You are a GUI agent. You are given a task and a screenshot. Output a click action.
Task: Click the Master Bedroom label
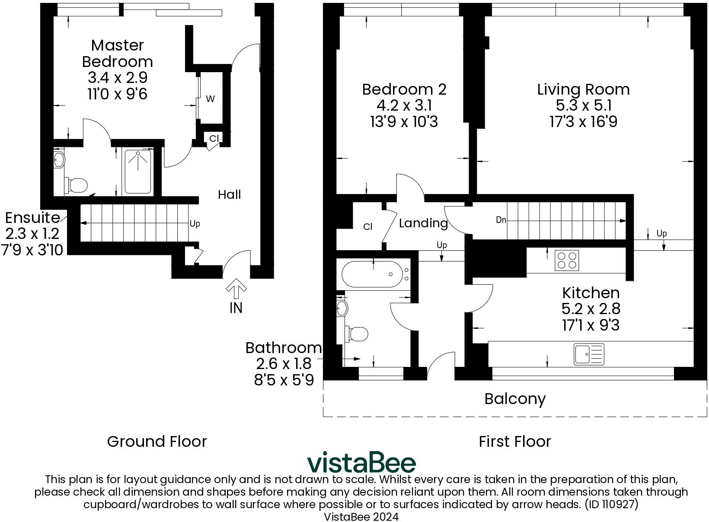pyautogui.click(x=117, y=53)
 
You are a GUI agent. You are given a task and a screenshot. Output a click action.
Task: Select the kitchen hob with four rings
pyautogui.click(x=567, y=260)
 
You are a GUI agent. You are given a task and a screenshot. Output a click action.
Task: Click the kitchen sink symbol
pyautogui.click(x=589, y=353)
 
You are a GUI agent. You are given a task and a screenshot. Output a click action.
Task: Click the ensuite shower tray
pyautogui.click(x=138, y=171)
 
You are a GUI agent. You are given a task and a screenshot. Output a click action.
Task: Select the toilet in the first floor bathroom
pyautogui.click(x=357, y=334)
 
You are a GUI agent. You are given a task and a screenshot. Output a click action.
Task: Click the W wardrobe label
pyautogui.click(x=210, y=99)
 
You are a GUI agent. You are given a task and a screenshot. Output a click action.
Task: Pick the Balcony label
pyautogui.click(x=515, y=398)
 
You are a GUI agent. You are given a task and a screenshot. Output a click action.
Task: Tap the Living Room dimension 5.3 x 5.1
pyautogui.click(x=583, y=105)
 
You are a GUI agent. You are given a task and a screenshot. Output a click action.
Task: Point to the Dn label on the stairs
pyautogui.click(x=501, y=220)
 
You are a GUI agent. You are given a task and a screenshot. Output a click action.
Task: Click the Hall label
pyautogui.click(x=229, y=194)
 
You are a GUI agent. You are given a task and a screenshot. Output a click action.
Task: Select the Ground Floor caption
pyautogui.click(x=157, y=441)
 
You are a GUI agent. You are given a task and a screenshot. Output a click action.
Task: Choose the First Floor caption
pyautogui.click(x=515, y=441)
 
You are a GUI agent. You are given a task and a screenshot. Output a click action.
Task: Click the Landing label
pyautogui.click(x=423, y=223)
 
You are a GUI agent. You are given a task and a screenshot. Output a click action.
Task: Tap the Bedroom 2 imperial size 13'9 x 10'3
pyautogui.click(x=404, y=122)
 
